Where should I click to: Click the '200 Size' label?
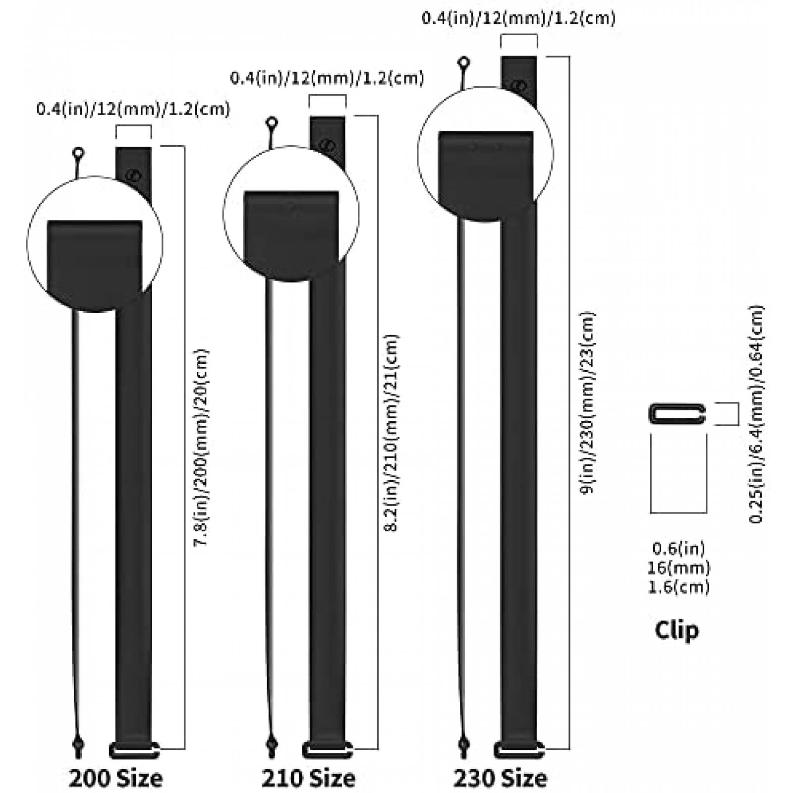click(115, 778)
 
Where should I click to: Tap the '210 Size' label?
click(308, 778)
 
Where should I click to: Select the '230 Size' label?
click(501, 778)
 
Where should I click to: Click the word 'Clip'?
click(677, 630)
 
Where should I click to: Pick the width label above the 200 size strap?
click(133, 109)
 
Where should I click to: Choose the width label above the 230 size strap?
click(518, 18)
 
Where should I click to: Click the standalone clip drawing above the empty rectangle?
click(677, 414)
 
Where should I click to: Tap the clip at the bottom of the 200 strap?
click(134, 750)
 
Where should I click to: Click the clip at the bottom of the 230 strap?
click(519, 750)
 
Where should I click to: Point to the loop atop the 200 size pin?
click(78, 154)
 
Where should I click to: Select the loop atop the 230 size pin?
click(464, 63)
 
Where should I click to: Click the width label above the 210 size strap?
click(327, 78)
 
